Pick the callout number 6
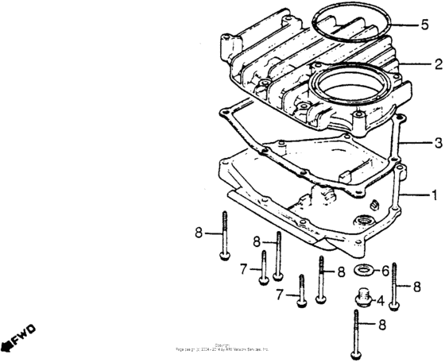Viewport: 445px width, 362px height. tap(385, 271)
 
